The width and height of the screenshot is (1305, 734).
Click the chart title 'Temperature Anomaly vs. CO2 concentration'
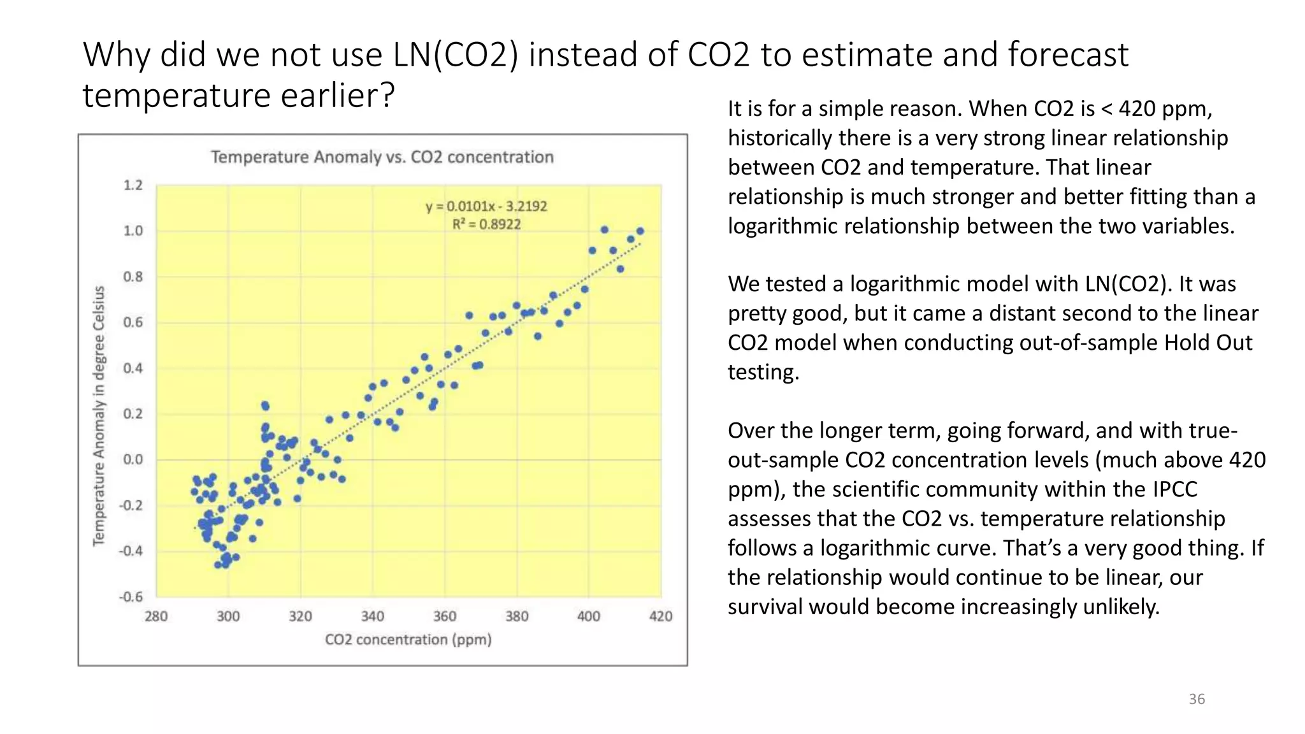pyautogui.click(x=382, y=157)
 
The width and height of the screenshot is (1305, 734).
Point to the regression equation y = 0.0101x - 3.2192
pyautogui.click(x=486, y=206)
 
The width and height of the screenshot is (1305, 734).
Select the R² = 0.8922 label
pyautogui.click(x=486, y=224)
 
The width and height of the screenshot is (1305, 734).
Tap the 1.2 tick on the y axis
pyautogui.click(x=133, y=185)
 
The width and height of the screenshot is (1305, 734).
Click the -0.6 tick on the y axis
pyautogui.click(x=131, y=597)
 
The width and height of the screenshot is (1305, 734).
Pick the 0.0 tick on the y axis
pyautogui.click(x=133, y=459)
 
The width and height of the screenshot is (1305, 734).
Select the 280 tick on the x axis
pyautogui.click(x=156, y=616)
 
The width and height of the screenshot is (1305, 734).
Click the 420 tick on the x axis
pyautogui.click(x=661, y=616)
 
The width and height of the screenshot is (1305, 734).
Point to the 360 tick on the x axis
pyautogui.click(x=445, y=616)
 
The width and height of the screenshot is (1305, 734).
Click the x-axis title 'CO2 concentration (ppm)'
pyautogui.click(x=408, y=640)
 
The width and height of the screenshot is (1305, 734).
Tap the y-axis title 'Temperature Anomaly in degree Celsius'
pyautogui.click(x=99, y=415)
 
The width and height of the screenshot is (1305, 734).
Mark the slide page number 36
pyautogui.click(x=1197, y=699)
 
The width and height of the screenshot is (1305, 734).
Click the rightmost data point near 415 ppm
pyautogui.click(x=640, y=231)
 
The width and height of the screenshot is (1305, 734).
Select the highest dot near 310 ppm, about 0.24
pyautogui.click(x=265, y=405)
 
